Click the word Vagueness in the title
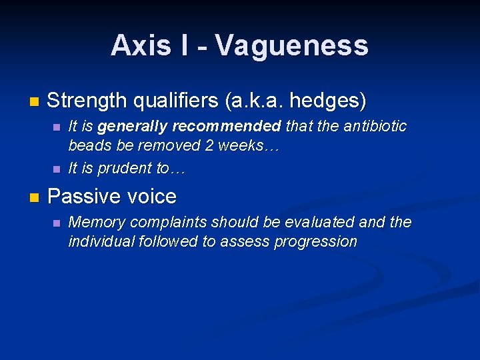tap(291, 45)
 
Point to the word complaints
tap(158, 222)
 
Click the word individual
tap(101, 241)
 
